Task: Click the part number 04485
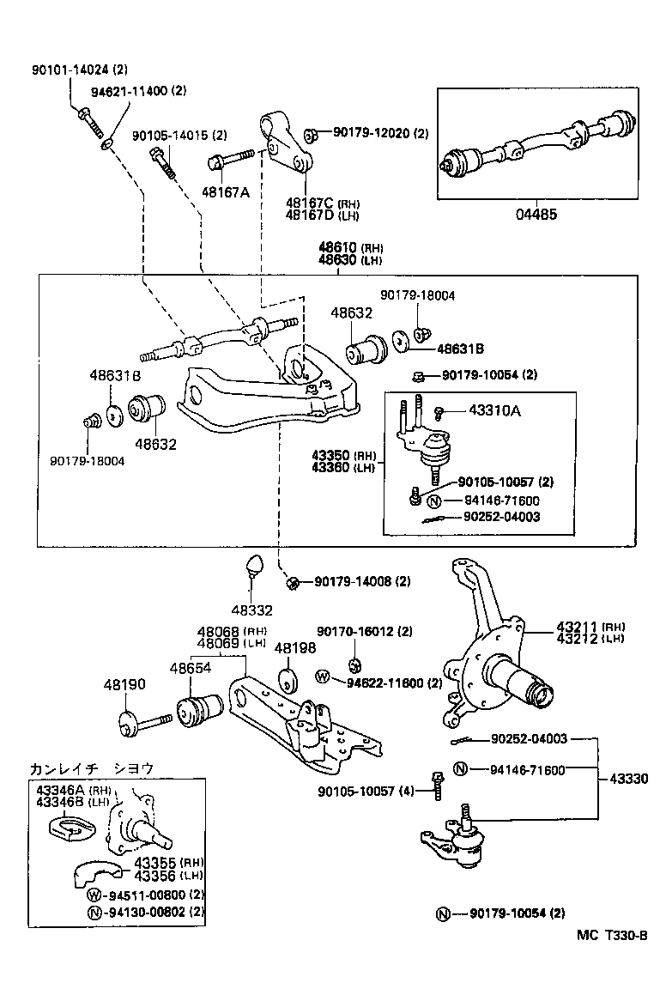[536, 214]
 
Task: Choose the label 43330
[628, 778]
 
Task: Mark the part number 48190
[124, 684]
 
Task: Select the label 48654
[190, 667]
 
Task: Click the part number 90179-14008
[352, 581]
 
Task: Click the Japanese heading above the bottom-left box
[96, 768]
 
